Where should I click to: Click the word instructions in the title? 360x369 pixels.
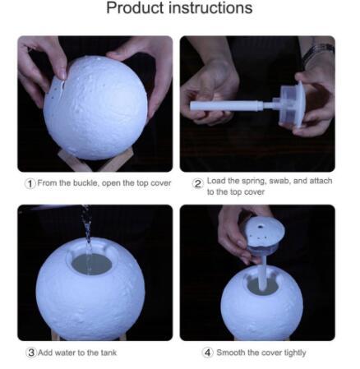[210, 7]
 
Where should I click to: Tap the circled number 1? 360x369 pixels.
[30, 183]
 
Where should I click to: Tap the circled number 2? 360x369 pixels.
[197, 183]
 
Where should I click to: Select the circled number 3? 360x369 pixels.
[31, 353]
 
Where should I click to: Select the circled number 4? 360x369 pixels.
[208, 353]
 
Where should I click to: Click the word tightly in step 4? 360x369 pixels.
[295, 353]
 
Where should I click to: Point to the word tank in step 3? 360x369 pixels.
[108, 353]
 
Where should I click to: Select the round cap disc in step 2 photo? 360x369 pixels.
[300, 104]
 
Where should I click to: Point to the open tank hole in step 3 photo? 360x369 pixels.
[92, 264]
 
